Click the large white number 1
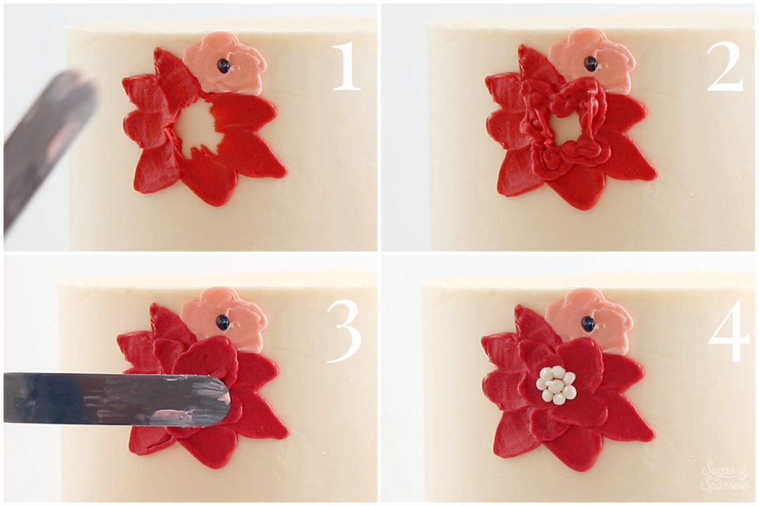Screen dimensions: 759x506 coord(347,66)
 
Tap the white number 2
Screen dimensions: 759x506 coord(725,66)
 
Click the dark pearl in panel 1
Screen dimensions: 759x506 coord(223,65)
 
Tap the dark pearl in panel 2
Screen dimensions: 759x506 coord(590,63)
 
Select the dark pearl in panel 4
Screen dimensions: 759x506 coord(588,322)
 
